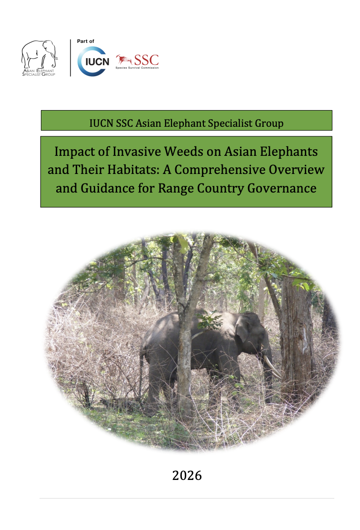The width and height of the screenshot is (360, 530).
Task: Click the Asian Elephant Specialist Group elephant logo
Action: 39,58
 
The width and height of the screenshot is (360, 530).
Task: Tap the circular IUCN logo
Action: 93,61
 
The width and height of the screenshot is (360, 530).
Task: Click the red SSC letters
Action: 146,60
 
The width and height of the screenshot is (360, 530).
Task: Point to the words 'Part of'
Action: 85,41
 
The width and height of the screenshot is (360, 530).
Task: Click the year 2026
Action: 187,476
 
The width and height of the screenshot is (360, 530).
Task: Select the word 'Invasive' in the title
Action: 137,152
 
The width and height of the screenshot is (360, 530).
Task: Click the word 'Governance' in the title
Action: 281,188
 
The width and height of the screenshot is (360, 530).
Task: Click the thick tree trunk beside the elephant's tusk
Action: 296,338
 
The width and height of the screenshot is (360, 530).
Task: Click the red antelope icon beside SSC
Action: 124,60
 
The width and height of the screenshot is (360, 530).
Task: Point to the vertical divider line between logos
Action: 70,58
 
